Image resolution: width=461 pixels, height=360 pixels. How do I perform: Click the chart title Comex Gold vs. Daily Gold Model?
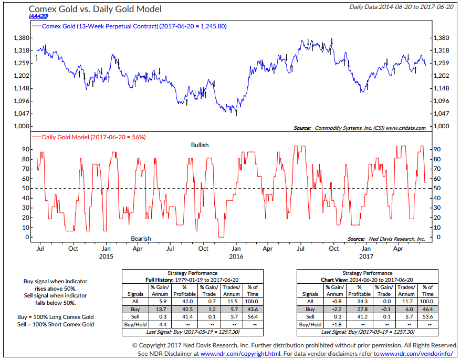95,9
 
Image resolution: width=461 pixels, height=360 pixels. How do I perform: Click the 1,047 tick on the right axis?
442,114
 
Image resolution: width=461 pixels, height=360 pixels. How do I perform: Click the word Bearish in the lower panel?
140,239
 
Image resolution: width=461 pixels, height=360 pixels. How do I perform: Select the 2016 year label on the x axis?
236,256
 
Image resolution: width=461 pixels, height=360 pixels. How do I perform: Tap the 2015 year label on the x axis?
106,256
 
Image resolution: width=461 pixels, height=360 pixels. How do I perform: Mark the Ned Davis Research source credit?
386,239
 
